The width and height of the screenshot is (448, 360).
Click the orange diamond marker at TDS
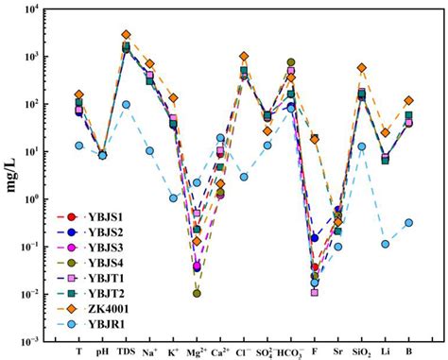coord(126,35)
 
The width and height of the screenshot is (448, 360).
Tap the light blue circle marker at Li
coord(386,244)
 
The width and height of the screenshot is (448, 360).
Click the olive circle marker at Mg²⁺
coord(197,293)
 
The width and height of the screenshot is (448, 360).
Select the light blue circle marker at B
coord(409,223)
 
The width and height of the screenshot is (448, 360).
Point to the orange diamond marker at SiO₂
coord(362,68)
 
